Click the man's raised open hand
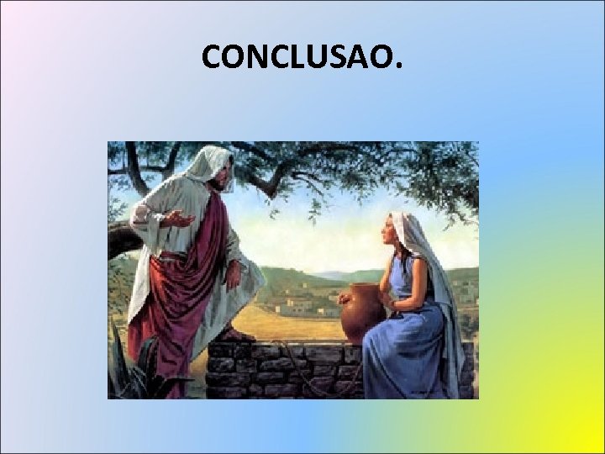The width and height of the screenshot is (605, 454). (x=178, y=219)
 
